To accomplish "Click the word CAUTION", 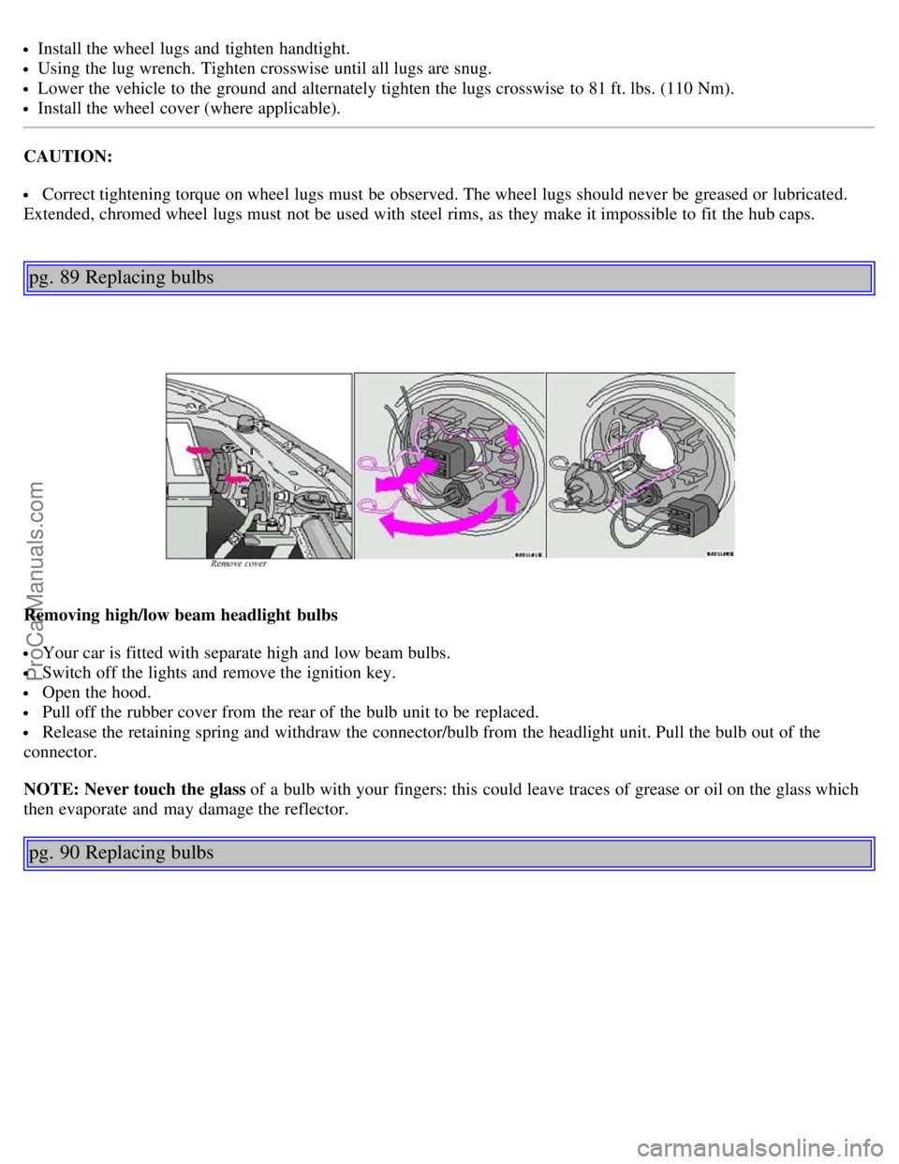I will (x=67, y=157).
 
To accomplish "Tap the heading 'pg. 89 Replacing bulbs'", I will (x=122, y=277).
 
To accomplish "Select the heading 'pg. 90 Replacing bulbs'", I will (x=122, y=853).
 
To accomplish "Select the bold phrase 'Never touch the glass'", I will (x=165, y=789).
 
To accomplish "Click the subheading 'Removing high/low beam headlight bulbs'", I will (x=181, y=616).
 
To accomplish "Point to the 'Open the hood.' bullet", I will (x=96, y=693).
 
